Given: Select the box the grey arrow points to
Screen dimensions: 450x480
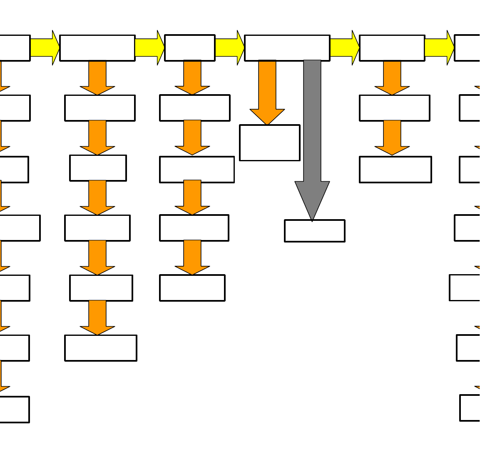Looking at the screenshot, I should tap(315, 231).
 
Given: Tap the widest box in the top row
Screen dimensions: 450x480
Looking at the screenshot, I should tap(287, 48).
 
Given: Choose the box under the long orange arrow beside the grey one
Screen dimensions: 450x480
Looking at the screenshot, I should tap(270, 142).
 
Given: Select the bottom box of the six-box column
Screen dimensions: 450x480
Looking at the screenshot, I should tap(101, 348).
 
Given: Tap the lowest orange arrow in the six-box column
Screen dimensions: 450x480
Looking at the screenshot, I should tap(97, 317).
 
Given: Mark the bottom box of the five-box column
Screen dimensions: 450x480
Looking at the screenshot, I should tap(192, 288).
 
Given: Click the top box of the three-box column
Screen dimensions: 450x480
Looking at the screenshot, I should tap(392, 48).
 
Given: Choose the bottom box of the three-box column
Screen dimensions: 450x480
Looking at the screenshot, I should tap(395, 170).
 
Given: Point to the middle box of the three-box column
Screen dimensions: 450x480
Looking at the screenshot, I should tap(395, 108).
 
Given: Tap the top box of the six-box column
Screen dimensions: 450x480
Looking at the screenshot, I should tap(97, 48).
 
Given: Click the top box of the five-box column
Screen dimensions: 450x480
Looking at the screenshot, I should tap(190, 48).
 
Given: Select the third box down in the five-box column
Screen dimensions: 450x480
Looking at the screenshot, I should tap(197, 170).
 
